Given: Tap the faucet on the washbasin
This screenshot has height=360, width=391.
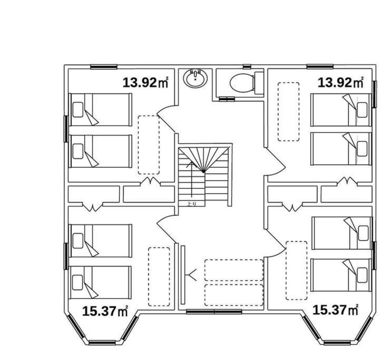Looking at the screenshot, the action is (195, 73).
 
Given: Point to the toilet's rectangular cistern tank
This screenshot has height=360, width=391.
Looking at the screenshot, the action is (259, 83).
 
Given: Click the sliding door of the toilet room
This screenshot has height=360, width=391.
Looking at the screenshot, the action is (227, 99).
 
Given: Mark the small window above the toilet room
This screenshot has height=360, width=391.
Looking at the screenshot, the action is (247, 66).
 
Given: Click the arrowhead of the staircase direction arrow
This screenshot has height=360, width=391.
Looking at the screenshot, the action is (191, 163).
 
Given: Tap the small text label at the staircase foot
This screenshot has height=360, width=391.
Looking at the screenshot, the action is (191, 203).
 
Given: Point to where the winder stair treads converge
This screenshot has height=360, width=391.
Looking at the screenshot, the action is (204, 172).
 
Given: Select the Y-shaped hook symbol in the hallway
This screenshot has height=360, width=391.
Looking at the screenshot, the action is (191, 275).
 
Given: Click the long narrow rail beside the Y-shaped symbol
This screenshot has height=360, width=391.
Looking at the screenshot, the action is (183, 275).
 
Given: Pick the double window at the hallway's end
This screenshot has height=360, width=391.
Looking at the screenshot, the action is (214, 312).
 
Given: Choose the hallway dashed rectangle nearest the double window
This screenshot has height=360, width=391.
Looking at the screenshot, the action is (233, 295).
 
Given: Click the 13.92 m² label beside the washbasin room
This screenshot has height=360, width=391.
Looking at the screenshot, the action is (145, 83).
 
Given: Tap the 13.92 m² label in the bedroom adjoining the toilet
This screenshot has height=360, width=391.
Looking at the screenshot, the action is (340, 83).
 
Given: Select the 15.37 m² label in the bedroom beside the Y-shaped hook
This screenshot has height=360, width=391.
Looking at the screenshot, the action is (105, 312).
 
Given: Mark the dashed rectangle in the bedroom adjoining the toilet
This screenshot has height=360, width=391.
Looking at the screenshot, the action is (289, 112).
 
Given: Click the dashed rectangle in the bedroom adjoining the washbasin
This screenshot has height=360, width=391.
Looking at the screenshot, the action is (149, 145).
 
